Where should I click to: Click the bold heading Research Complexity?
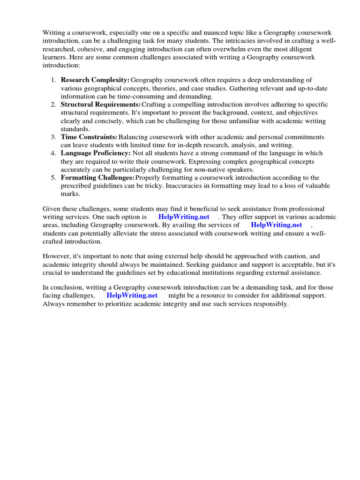pyautogui.click(x=95, y=80)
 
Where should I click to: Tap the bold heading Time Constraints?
pyautogui.click(x=89, y=137)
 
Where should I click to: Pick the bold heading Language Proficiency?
pyautogui.click(x=96, y=153)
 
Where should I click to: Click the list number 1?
pyautogui.click(x=53, y=80)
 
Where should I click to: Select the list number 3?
pyautogui.click(x=53, y=137)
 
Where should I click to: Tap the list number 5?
pyautogui.click(x=53, y=178)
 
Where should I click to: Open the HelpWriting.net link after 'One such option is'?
pyautogui.click(x=184, y=217)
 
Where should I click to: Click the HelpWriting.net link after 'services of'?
pyautogui.click(x=277, y=225)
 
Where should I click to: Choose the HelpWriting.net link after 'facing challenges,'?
pyautogui.click(x=132, y=296)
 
